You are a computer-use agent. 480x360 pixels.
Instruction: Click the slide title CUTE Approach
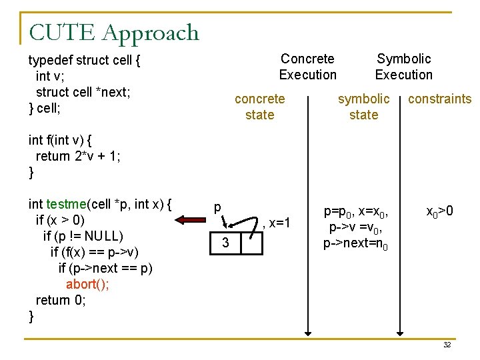[114, 32]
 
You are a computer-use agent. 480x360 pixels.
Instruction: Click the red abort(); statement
[88, 284]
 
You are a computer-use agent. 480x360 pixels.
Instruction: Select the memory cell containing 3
[225, 243]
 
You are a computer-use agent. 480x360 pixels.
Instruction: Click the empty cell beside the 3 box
[251, 243]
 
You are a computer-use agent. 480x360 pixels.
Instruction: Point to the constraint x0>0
[440, 212]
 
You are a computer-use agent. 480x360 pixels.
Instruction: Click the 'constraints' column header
[439, 99]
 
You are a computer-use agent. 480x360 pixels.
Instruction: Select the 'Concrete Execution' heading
[307, 67]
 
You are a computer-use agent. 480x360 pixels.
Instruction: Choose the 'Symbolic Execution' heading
[403, 67]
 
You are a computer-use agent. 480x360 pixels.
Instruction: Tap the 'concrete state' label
[259, 107]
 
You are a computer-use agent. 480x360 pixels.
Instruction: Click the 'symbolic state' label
[363, 107]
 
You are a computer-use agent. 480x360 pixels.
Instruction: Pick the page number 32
[447, 345]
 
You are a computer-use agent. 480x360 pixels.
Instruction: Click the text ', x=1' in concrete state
[277, 223]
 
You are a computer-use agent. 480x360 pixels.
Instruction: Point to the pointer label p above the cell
[217, 207]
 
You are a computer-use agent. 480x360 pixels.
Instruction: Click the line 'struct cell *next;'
[83, 92]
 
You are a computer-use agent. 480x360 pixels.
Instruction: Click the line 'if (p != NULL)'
[83, 236]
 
